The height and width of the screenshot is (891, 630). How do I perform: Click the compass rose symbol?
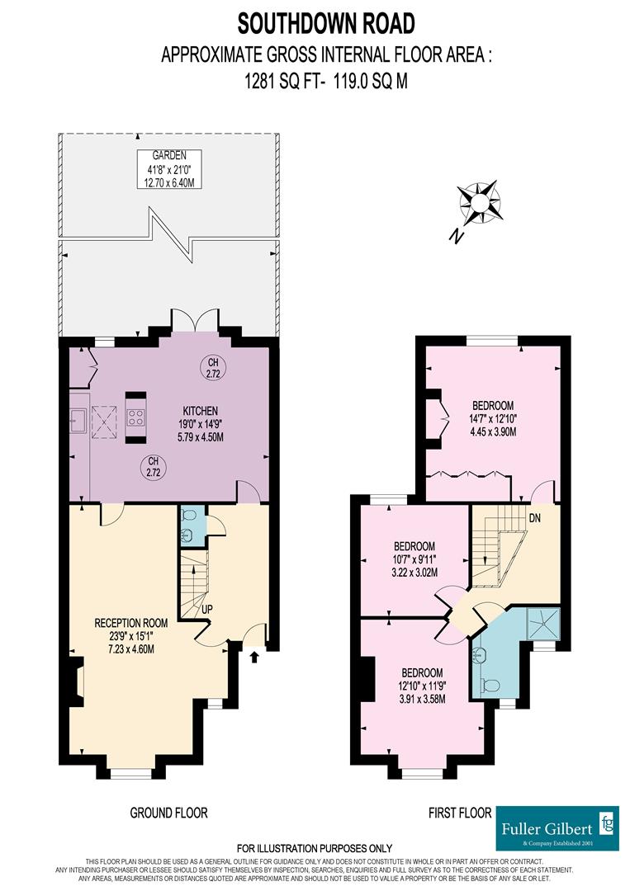481,201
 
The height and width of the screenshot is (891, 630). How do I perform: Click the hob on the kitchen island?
136,417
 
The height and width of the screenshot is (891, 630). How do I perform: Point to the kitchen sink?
78,421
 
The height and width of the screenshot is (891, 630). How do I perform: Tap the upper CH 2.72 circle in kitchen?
212,368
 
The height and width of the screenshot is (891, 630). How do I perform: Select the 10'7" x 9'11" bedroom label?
415,559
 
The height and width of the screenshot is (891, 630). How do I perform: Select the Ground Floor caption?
168,813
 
